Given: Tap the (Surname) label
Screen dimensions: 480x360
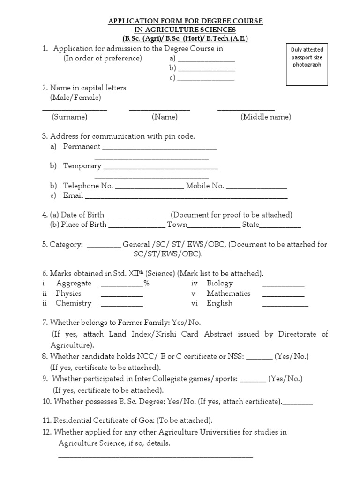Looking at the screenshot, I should (x=69, y=117).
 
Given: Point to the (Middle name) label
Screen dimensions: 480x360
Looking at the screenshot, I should (x=266, y=117).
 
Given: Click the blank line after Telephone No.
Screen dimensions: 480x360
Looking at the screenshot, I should (x=149, y=188).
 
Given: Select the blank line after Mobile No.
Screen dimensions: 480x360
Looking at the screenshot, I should (x=256, y=188).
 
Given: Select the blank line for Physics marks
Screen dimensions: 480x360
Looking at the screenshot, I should (x=122, y=296).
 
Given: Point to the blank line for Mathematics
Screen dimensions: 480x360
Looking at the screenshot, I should (x=283, y=296).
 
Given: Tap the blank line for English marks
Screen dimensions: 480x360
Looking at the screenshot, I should (x=285, y=306).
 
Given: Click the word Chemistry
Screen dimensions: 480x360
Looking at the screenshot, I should (x=73, y=303).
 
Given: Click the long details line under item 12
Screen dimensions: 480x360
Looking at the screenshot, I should (x=155, y=456).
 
